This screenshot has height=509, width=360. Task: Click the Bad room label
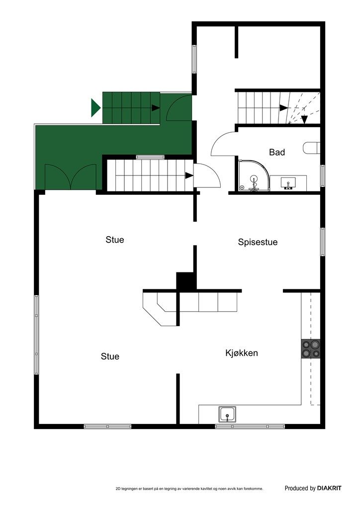(277, 152)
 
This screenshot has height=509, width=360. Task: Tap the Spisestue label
(258, 243)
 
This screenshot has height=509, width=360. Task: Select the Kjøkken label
(242, 353)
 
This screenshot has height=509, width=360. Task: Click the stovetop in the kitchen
(311, 348)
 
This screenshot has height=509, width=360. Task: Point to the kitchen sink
(227, 414)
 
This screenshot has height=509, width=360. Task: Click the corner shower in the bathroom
(253, 176)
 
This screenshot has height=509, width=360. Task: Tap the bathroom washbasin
(288, 182)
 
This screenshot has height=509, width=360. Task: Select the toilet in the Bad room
(311, 148)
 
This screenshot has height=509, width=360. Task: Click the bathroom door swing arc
(223, 142)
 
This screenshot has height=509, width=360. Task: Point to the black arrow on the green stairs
(156, 107)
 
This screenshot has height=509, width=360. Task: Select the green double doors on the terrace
(72, 176)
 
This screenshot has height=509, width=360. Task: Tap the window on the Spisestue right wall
(323, 242)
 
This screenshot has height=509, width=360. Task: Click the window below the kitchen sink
(250, 426)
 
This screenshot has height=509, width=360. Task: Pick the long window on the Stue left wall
(36, 335)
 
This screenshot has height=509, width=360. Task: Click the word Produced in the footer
(296, 489)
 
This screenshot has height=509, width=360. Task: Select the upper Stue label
(115, 240)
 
